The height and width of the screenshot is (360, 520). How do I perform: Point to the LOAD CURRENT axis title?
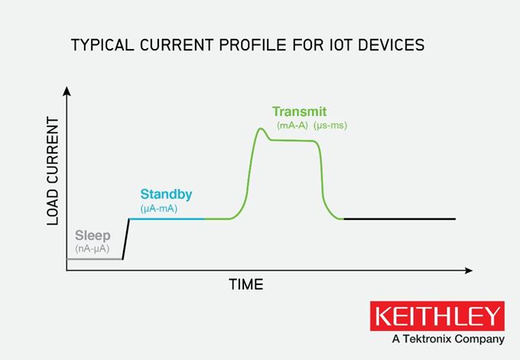pos(53,171)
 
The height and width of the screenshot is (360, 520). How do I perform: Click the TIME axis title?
pos(246,285)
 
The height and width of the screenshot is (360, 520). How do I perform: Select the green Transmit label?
pos(299,111)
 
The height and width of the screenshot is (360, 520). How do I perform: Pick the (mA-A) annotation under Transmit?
pos(292,125)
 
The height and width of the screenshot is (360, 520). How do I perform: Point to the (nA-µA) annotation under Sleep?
pos(93,249)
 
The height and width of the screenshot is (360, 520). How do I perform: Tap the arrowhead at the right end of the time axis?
pos(468,270)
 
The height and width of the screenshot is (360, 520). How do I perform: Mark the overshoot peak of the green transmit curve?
pos(261,128)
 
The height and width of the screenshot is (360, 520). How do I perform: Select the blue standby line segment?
pos(167,219)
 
